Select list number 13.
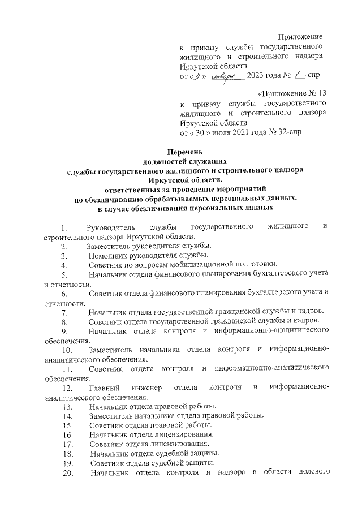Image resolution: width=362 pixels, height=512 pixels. [67, 407]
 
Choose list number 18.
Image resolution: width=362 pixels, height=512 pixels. [67, 454]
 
